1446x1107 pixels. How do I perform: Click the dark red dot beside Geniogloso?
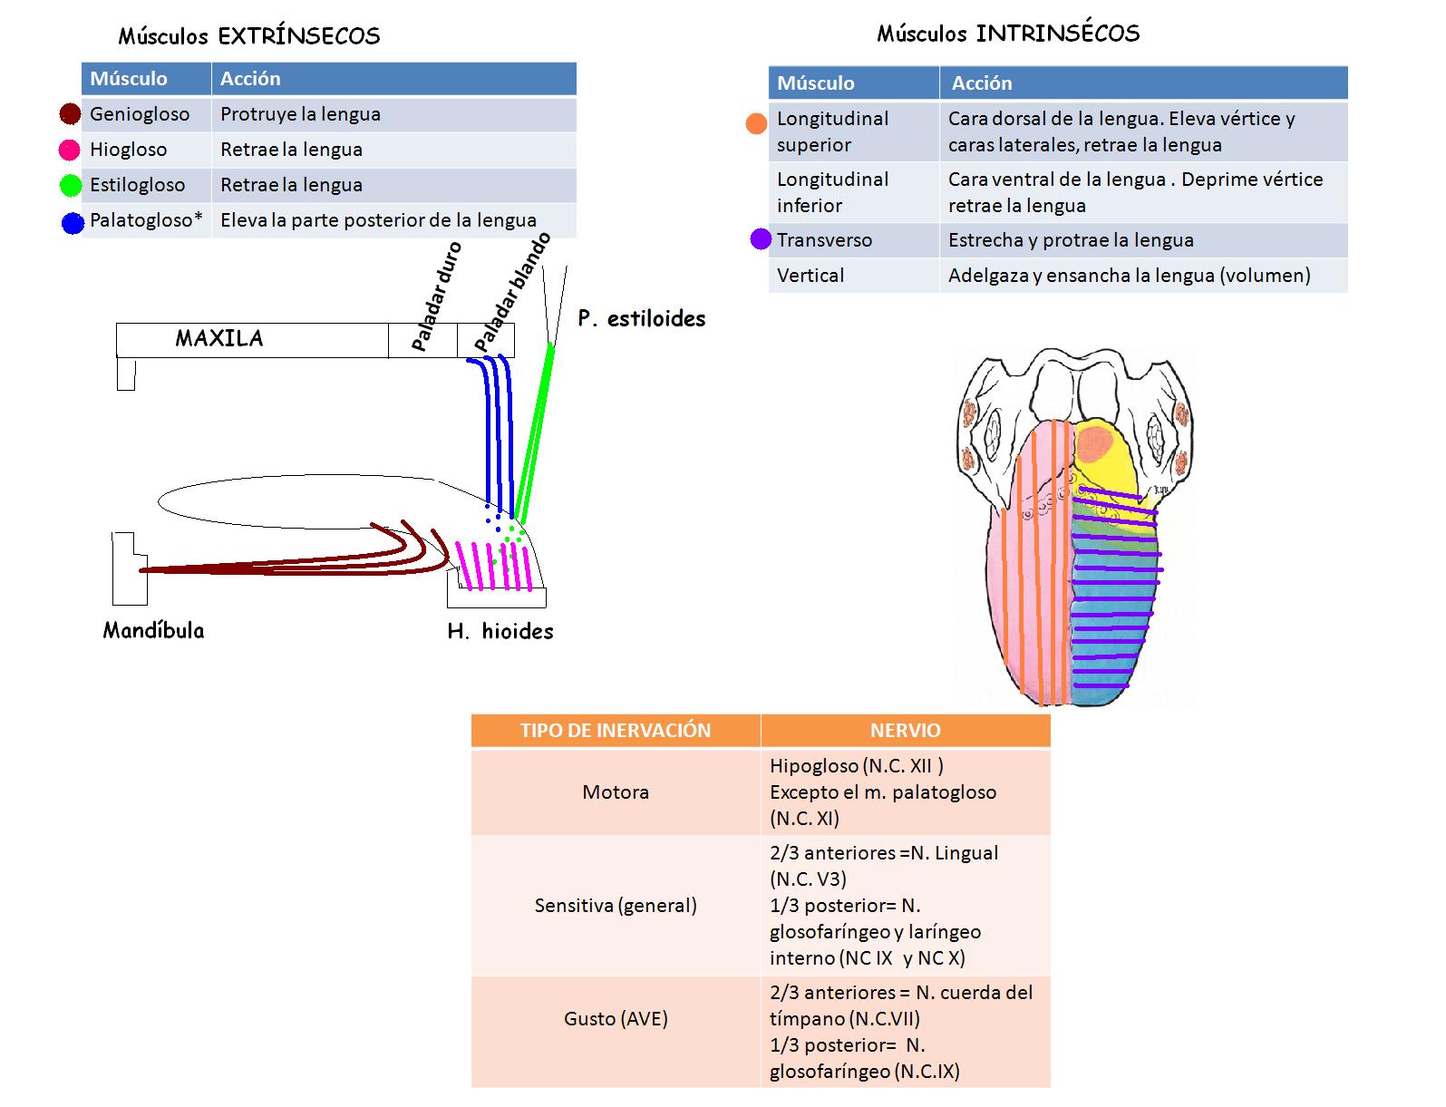pyautogui.click(x=70, y=114)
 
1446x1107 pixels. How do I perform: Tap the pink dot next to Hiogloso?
pyautogui.click(x=69, y=150)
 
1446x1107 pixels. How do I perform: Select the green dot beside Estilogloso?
pyautogui.click(x=71, y=186)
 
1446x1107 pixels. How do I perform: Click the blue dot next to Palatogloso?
pyautogui.click(x=73, y=222)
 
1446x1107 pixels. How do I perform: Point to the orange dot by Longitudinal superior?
pyautogui.click(x=756, y=124)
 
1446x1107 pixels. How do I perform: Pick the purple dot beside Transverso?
pyautogui.click(x=761, y=240)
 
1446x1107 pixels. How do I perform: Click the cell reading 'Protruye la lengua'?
pyautogui.click(x=300, y=114)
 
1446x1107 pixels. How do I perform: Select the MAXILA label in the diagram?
pyautogui.click(x=219, y=338)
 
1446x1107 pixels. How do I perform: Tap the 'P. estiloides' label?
pyautogui.click(x=641, y=318)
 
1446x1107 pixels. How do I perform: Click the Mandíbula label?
pyautogui.click(x=153, y=630)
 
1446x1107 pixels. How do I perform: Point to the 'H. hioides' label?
pyautogui.click(x=500, y=631)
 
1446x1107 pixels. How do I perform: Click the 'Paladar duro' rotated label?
pyautogui.click(x=436, y=296)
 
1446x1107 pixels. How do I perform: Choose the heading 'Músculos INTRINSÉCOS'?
pyautogui.click(x=1007, y=34)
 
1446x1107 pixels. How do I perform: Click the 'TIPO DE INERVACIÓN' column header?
pyautogui.click(x=615, y=731)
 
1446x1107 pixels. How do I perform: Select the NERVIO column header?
pyautogui.click(x=905, y=731)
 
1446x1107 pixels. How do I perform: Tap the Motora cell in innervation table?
pyautogui.click(x=615, y=791)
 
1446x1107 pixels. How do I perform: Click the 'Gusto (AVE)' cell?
pyautogui.click(x=615, y=1018)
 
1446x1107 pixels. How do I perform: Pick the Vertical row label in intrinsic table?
pyautogui.click(x=810, y=276)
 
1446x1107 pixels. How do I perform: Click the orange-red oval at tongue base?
pyautogui.click(x=1096, y=444)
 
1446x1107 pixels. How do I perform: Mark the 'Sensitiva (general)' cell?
pyautogui.click(x=615, y=905)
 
